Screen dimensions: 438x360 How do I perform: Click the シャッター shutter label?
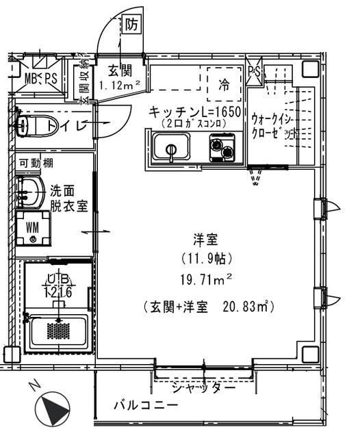(203, 387)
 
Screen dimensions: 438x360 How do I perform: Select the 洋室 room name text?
(206, 240)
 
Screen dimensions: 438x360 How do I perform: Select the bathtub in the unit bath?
(58, 332)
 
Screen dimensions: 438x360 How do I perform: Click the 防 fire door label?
(132, 25)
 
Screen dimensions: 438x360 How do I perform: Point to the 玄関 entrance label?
(120, 71)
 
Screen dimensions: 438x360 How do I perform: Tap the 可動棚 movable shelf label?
(38, 163)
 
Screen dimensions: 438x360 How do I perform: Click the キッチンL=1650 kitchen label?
(195, 112)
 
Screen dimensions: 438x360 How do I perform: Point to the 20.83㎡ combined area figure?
(247, 308)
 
